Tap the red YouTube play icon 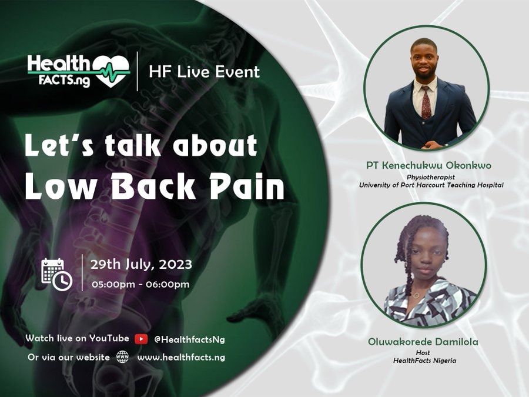click(141, 339)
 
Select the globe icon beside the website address click(122, 357)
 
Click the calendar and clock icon click(56, 275)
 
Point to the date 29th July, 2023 click(141, 264)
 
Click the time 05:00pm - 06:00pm click(140, 284)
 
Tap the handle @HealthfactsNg click(189, 339)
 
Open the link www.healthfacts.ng click(181, 357)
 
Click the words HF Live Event click(205, 72)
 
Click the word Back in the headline click(153, 186)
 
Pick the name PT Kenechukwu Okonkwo click(429, 165)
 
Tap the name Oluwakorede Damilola click(423, 342)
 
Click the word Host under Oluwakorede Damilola click(423, 352)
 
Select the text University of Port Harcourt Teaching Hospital click(431, 185)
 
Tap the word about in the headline click(215, 145)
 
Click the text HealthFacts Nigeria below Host click(424, 361)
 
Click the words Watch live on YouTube click(77, 338)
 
